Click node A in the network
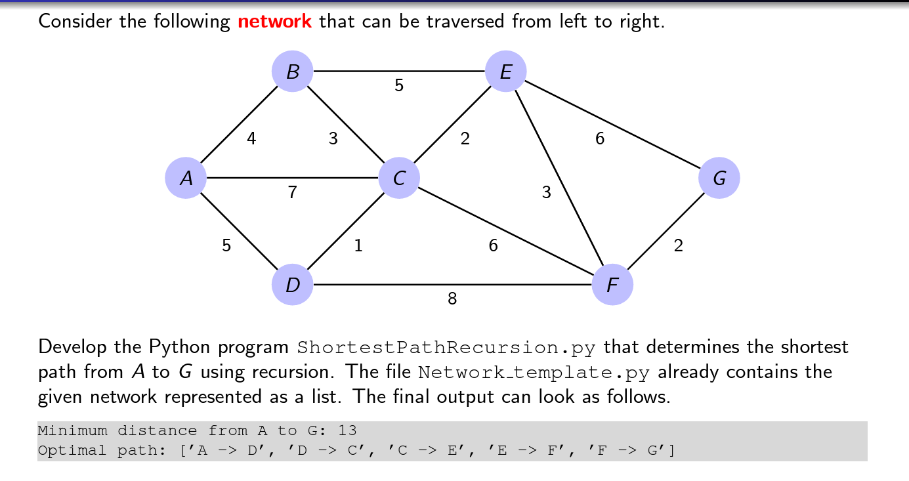[186, 178]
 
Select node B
[293, 71]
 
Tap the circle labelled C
[399, 178]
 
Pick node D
[293, 285]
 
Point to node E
[505, 71]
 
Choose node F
[612, 285]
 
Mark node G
[719, 178]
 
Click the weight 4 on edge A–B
[251, 139]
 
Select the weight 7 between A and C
[292, 193]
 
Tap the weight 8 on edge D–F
[452, 299]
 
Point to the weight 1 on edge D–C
[358, 246]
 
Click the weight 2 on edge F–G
[678, 246]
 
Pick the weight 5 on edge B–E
[399, 85]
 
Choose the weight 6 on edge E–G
[600, 139]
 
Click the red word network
[274, 22]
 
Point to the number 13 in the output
[347, 431]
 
